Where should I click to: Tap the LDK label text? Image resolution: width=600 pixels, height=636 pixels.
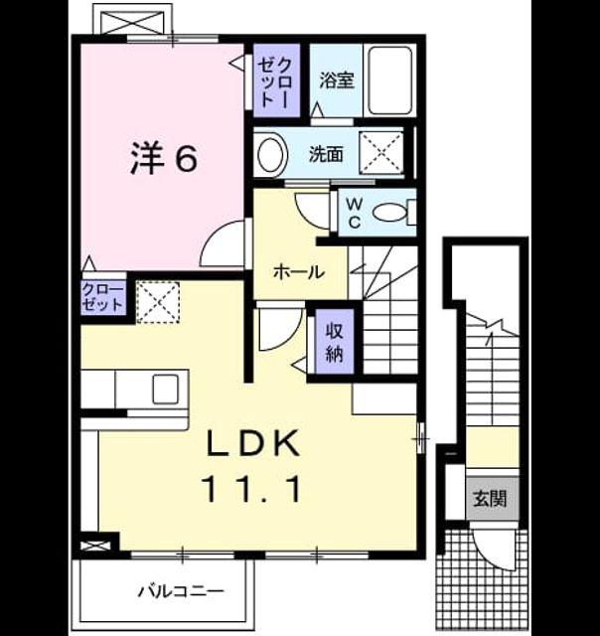point(253,444)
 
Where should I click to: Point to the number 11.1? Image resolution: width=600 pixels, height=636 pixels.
point(253,489)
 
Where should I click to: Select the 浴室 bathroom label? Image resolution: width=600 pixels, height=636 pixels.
point(337,79)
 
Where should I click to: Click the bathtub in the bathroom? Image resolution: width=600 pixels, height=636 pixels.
point(390,80)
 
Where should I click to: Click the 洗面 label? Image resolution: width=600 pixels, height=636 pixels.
point(326,154)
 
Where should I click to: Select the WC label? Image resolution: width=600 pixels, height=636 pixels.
point(354,212)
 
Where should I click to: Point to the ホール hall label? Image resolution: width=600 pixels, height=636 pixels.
point(299,271)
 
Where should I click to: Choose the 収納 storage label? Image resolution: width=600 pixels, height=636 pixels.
point(335,343)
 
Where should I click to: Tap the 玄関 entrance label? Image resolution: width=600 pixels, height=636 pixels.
point(491,499)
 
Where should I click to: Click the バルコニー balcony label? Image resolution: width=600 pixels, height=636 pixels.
point(181,591)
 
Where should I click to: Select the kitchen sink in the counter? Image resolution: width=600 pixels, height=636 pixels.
point(166,389)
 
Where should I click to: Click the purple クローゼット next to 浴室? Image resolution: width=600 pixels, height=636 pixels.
point(276,80)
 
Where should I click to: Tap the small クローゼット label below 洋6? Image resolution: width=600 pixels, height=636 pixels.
point(102,298)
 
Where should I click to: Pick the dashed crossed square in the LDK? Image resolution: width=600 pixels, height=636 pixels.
point(158,302)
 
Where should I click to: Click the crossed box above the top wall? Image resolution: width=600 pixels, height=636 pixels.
point(133,20)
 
